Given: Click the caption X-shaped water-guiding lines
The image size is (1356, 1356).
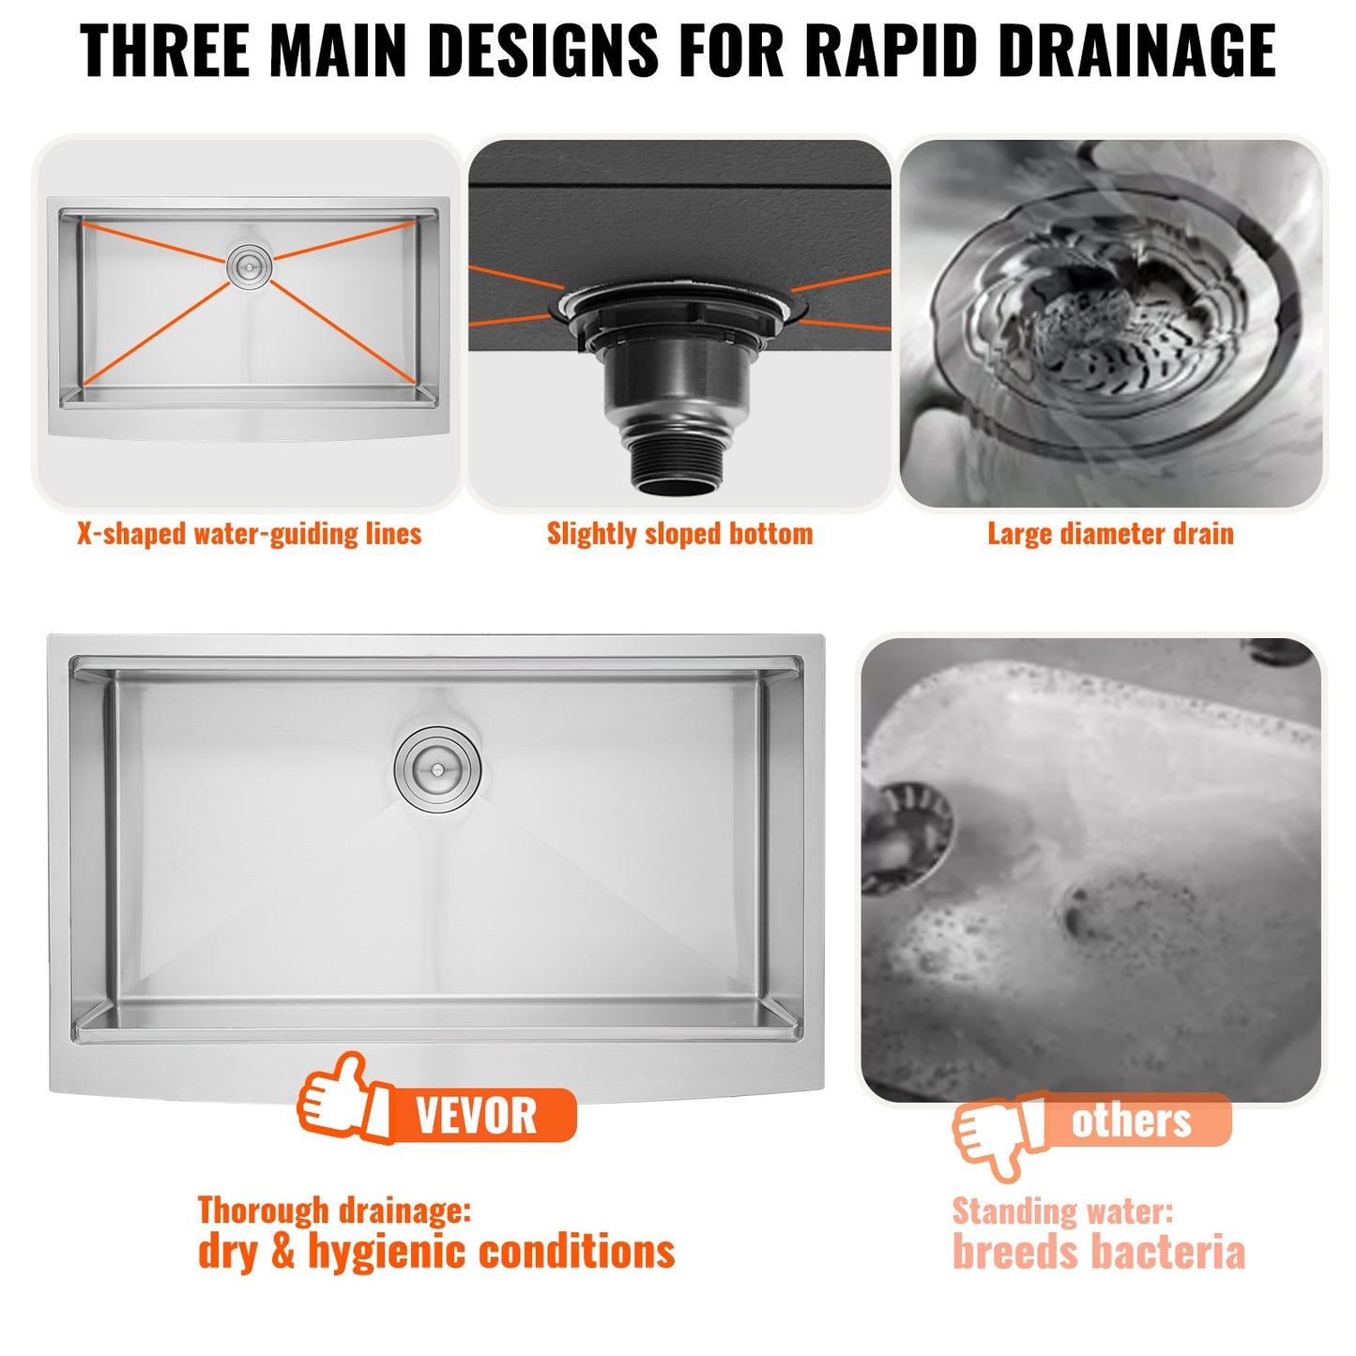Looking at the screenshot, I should [249, 534].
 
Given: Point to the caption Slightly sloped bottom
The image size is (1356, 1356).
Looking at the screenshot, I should [679, 534].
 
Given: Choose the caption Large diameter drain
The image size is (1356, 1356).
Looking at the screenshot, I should [1110, 534].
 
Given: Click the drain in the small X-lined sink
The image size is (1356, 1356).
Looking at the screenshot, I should [250, 267].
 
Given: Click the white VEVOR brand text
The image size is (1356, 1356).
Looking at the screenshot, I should [476, 1116].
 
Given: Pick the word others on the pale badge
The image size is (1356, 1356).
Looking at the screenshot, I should [1131, 1120].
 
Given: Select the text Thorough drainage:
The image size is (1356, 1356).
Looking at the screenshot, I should [334, 1210].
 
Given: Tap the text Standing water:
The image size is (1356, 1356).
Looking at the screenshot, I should [1062, 1211].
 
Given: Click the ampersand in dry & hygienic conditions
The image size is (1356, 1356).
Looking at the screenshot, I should [282, 1253].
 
